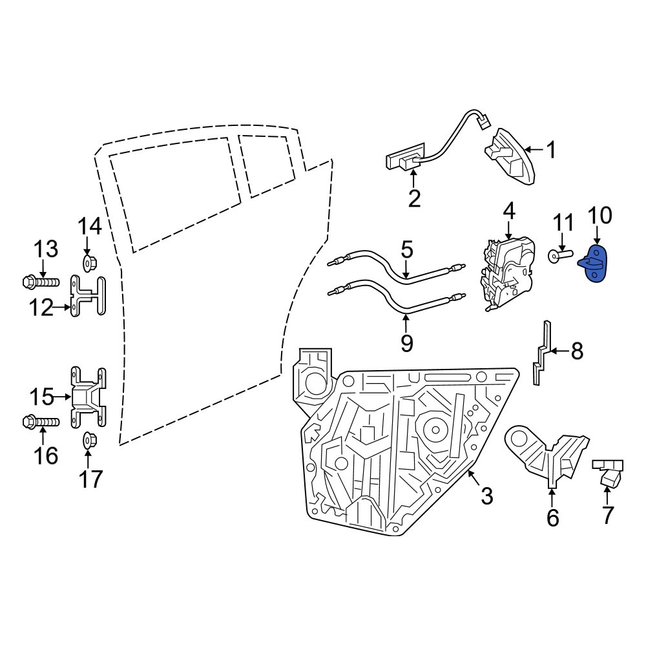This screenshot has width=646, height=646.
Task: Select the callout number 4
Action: point(509,211)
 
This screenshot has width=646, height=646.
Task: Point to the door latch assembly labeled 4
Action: point(509,275)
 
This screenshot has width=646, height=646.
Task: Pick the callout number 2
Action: point(414,198)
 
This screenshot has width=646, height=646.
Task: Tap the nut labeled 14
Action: point(89,263)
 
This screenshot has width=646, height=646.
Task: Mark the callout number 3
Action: point(486,496)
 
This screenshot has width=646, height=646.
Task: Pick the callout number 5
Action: point(406,249)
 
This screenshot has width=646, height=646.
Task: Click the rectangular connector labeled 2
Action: point(403,160)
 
